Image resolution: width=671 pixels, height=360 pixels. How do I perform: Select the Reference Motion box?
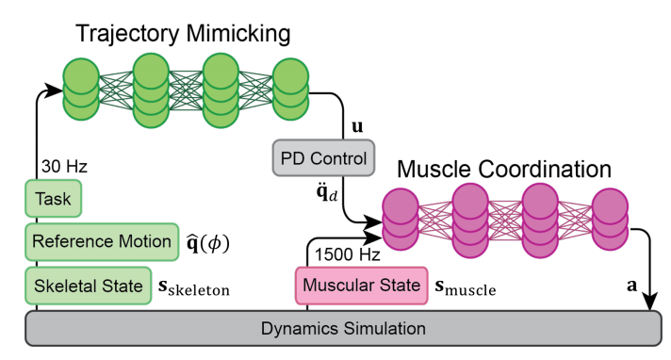[x=101, y=240]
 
